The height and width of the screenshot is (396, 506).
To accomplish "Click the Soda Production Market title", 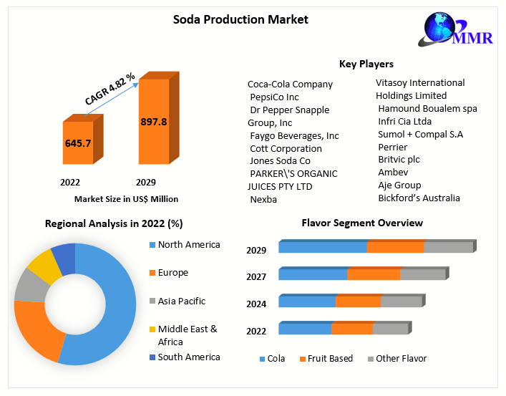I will tap(240, 19).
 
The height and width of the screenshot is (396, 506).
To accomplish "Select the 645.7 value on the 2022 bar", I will tap(77, 143).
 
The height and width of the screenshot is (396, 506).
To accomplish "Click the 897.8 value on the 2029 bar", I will tap(153, 122).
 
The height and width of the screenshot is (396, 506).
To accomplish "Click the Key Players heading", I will tap(366, 64).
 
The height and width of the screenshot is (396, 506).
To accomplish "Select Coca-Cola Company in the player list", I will tap(290, 84).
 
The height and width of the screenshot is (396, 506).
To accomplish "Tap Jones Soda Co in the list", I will tap(280, 160).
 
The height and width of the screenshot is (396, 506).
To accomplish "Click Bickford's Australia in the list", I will tap(419, 198).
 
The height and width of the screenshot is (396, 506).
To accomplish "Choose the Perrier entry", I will tap(392, 147).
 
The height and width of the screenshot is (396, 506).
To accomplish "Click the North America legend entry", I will tap(189, 245).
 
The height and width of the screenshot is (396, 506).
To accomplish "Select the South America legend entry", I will tap(189, 357).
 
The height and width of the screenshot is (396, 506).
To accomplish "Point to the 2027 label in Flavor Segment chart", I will tap(256, 277).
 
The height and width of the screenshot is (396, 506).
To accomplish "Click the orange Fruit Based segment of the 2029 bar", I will tap(395, 247).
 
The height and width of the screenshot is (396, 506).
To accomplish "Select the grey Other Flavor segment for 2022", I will tap(390, 329).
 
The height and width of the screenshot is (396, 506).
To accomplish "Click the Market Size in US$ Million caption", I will tap(126, 199).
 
